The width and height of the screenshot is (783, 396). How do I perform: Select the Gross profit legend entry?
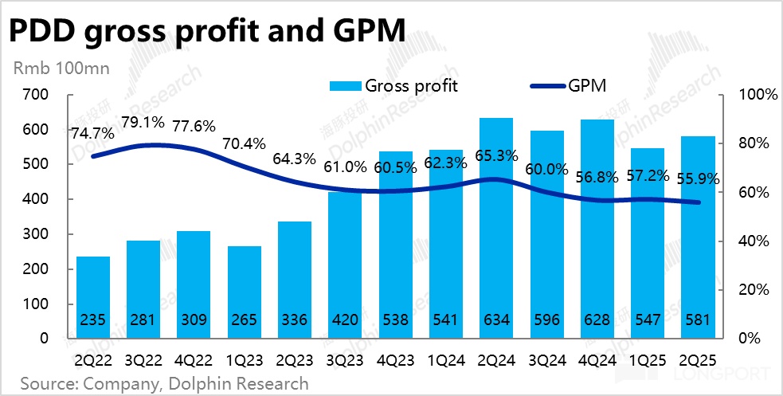(x=394, y=85)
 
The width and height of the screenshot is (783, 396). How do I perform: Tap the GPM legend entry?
(x=570, y=85)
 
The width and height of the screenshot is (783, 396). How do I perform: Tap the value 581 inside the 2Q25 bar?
(x=697, y=320)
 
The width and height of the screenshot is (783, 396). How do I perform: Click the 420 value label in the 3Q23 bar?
(x=345, y=320)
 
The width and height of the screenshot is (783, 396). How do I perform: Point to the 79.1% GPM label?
(x=144, y=123)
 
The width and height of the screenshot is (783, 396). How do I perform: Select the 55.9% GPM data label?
(x=699, y=179)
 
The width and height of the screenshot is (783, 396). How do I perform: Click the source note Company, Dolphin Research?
(x=164, y=383)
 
